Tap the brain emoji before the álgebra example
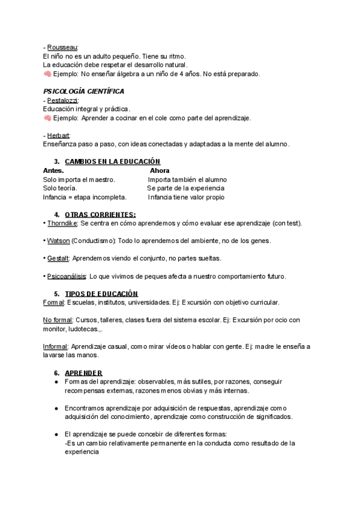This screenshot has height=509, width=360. pyautogui.click(x=47, y=74)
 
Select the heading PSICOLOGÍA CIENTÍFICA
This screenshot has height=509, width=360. pyautogui.click(x=84, y=91)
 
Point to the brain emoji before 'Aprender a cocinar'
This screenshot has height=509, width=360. pyautogui.click(x=47, y=118)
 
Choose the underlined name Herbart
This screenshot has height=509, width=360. pyautogui.click(x=59, y=135)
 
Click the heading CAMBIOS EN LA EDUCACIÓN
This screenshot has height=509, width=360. pyautogui.click(x=112, y=161)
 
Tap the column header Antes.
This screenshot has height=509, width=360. pyautogui.click(x=54, y=170)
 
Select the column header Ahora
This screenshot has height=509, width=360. pyautogui.click(x=160, y=170)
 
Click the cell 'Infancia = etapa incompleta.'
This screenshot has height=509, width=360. pyautogui.click(x=85, y=197)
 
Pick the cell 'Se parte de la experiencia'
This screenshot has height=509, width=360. pyautogui.click(x=186, y=188)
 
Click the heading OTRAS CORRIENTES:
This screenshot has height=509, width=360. pyautogui.click(x=100, y=214)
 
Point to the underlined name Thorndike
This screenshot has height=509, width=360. pyautogui.click(x=62, y=223)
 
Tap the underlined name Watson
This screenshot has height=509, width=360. pyautogui.click(x=58, y=241)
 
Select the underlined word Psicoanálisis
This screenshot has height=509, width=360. pyautogui.click(x=66, y=276)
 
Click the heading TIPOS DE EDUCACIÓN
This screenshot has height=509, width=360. pyautogui.click(x=101, y=294)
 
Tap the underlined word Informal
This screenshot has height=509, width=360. pyautogui.click(x=56, y=346)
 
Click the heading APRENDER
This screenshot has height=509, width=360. pyautogui.click(x=83, y=373)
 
